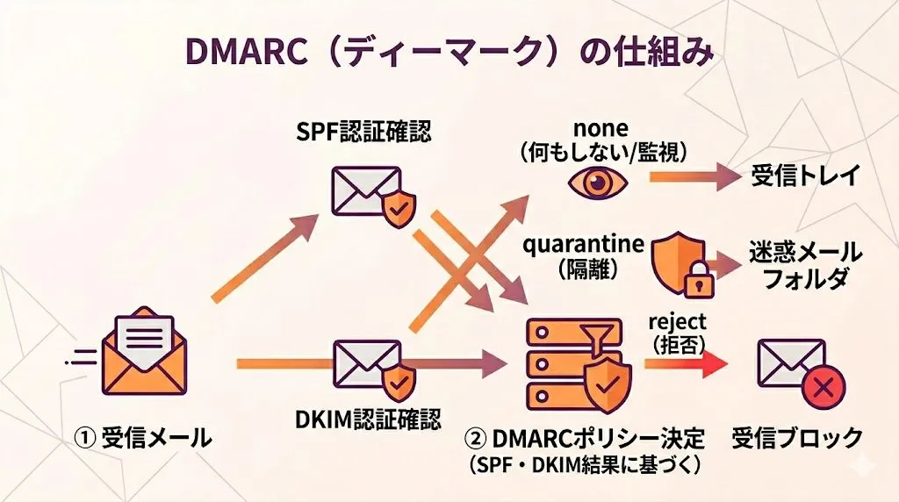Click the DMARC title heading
click(x=449, y=52)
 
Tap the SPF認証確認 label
click(x=363, y=133)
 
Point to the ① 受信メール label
click(x=143, y=436)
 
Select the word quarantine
click(x=583, y=243)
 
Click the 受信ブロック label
click(x=797, y=436)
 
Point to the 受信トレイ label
click(x=804, y=176)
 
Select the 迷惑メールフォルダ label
click(x=804, y=265)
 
